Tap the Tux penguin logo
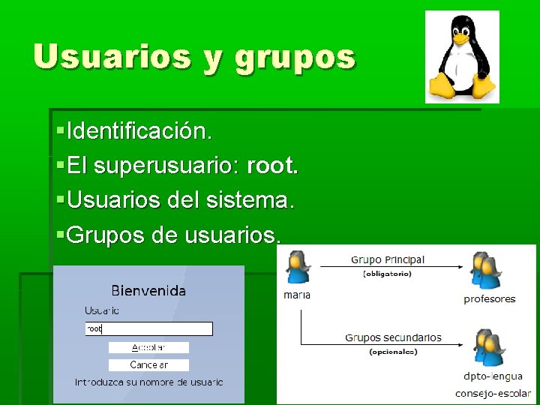pos(462,57)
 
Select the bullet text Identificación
pos(139,131)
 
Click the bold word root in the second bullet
pos(271,166)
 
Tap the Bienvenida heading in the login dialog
pos(148,289)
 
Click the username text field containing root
pos(148,328)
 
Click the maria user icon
pos(297,269)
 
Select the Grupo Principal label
pos(387,259)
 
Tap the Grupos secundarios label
pos(393,337)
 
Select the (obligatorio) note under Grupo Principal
pos(387,274)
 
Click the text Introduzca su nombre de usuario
pos(148,382)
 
